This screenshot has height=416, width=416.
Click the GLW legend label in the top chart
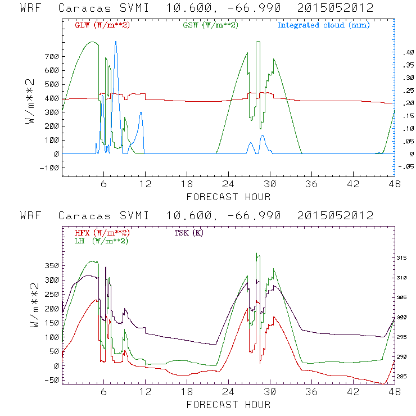(x=102, y=25)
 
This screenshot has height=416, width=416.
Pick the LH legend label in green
(x=101, y=241)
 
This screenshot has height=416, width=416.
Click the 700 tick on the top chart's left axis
(x=51, y=57)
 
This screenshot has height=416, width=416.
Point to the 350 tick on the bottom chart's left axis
(x=51, y=265)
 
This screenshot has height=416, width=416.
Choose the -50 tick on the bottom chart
(x=51, y=380)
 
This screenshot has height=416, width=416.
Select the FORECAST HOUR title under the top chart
(x=228, y=197)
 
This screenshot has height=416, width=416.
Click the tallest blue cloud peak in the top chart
(x=116, y=42)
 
